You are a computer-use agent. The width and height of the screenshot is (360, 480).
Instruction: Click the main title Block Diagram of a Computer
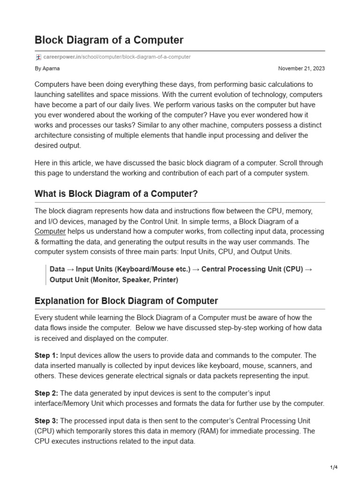(109, 40)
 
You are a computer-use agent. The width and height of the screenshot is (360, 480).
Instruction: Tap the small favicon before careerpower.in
(38, 57)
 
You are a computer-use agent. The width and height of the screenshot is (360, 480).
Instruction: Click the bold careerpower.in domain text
(61, 57)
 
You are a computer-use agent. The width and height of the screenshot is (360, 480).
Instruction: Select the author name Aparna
(51, 68)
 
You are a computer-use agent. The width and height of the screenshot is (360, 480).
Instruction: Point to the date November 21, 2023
(301, 68)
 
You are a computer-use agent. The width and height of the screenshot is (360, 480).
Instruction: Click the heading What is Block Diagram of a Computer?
(116, 194)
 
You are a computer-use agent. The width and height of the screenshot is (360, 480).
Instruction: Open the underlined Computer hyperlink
(50, 232)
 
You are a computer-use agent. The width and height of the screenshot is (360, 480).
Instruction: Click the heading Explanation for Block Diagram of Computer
(126, 301)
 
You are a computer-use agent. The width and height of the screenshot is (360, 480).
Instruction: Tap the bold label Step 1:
(46, 355)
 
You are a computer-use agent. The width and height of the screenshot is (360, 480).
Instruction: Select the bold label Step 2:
(46, 393)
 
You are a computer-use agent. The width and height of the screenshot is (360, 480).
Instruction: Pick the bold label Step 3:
(46, 421)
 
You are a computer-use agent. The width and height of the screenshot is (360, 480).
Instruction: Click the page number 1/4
(334, 467)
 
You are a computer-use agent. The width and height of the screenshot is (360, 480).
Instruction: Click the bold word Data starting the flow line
(57, 270)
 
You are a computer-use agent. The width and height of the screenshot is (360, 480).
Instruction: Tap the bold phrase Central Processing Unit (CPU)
(252, 270)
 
